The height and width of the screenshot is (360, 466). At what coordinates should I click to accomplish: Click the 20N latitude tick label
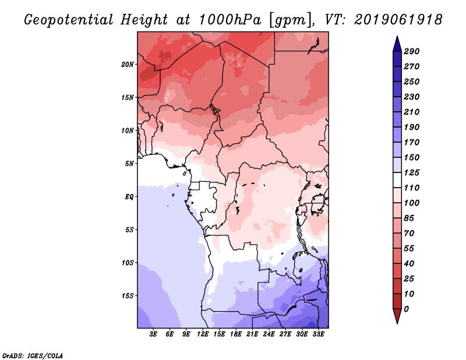(128, 64)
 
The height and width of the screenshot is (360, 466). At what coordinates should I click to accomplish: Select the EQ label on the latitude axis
(129, 196)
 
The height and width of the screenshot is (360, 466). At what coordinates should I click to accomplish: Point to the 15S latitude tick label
(128, 295)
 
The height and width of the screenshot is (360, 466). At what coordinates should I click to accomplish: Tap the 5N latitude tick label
(130, 163)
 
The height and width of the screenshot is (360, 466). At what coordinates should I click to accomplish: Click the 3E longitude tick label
(154, 335)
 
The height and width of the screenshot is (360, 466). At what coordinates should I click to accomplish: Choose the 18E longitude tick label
(236, 335)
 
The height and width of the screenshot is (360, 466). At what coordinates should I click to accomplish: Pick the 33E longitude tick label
(318, 335)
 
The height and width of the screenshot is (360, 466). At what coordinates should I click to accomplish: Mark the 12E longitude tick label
(203, 335)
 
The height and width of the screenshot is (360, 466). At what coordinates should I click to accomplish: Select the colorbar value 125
(411, 173)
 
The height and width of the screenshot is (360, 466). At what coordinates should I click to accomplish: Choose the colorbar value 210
(411, 112)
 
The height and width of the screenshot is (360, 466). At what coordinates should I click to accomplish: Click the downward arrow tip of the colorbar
(396, 322)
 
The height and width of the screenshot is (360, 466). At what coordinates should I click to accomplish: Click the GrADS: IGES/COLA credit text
(33, 355)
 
